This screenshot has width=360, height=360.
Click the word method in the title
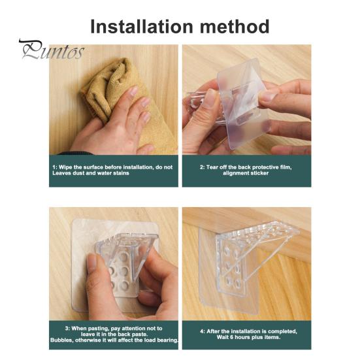pos(235,27)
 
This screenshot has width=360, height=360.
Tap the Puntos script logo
pos(52,50)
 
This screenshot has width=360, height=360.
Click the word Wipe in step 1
pos(65,167)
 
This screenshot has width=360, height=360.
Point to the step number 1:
pos(55,167)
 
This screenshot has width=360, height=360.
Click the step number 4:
pos(203,331)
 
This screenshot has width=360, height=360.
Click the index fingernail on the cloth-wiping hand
pos(134,91)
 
